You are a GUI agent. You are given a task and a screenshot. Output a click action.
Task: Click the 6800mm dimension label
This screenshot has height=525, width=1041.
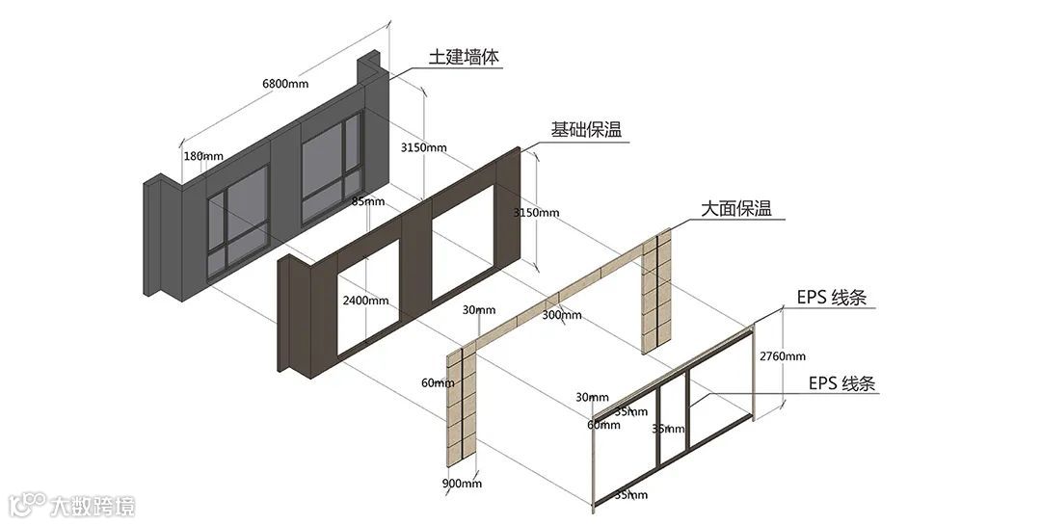point(285,84)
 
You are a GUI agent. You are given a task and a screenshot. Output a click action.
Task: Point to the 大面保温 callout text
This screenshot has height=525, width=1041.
point(735,209)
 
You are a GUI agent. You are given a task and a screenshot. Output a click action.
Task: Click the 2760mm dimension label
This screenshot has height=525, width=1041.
point(782,355)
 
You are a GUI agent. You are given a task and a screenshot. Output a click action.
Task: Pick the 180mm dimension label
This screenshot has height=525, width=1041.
point(202,156)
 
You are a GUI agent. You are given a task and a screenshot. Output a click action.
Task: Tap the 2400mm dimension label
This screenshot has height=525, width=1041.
point(365,301)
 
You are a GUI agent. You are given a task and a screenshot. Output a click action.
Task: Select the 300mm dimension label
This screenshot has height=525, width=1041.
point(562,315)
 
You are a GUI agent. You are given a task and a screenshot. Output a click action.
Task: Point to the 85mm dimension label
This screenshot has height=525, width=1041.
point(368,201)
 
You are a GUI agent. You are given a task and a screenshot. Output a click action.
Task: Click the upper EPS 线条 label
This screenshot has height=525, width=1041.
point(831,298)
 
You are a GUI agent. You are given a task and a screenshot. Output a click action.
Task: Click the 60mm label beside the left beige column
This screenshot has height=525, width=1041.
point(437,382)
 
